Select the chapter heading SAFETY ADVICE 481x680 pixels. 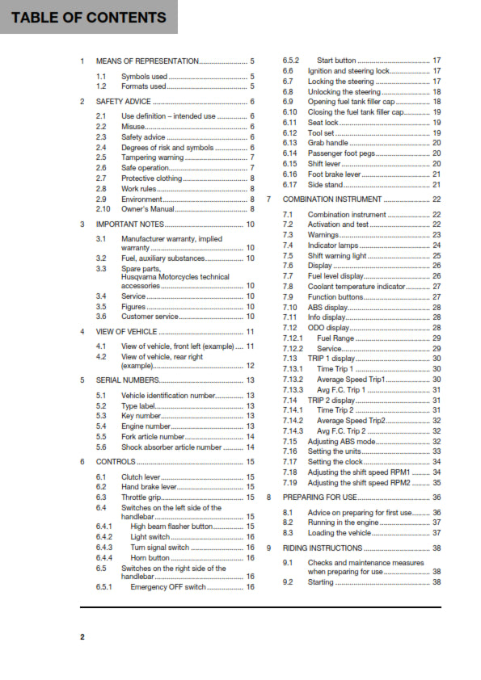tap(123, 102)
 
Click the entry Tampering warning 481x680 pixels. tap(152, 157)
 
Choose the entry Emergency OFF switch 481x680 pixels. tap(168, 587)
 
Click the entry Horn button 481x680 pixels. tap(150, 558)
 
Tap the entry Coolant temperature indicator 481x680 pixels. tap(357, 287)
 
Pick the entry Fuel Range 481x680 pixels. tap(331, 338)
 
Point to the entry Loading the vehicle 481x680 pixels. tap(339, 533)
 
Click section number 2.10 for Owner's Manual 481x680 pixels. tap(103, 209)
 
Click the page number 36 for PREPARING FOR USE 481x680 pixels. tap(437, 497)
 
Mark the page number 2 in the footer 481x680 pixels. tap(82, 637)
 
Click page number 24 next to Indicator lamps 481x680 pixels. tap(437, 246)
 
